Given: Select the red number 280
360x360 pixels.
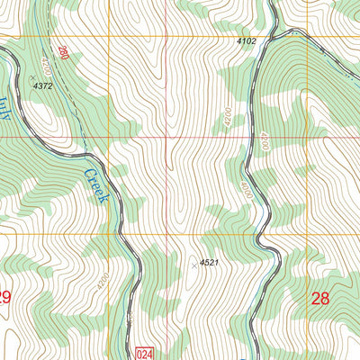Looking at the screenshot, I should click(62, 56).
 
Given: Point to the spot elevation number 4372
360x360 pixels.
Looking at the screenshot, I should click(42, 85).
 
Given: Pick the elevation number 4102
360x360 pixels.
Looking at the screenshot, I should click(246, 41).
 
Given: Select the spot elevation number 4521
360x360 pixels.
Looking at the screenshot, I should click(210, 262).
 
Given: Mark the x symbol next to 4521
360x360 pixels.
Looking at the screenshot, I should click(193, 265).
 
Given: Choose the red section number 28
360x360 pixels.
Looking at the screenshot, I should click(319, 298).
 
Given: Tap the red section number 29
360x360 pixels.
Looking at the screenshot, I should click(4, 297).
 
